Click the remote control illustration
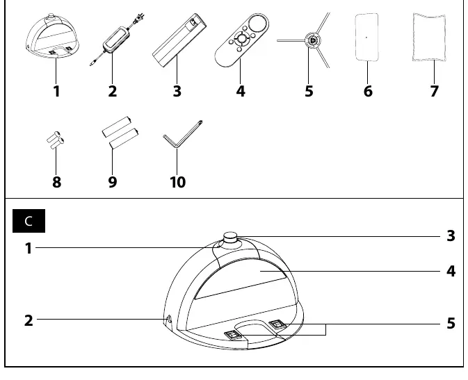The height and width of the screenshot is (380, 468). click(x=241, y=40)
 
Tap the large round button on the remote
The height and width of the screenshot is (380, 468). click(x=259, y=23)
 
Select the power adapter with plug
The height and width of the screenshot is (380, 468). click(x=117, y=39)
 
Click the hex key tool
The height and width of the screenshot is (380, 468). click(x=182, y=134)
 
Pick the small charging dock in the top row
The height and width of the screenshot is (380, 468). click(x=52, y=35)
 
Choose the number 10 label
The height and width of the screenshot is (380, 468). click(x=177, y=182)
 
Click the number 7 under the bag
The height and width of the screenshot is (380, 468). click(x=434, y=91)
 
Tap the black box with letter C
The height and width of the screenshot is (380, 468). click(x=29, y=221)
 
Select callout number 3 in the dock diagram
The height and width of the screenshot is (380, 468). click(x=451, y=236)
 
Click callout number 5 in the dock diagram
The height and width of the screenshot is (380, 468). click(x=451, y=323)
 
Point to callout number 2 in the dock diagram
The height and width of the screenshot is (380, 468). click(x=29, y=321)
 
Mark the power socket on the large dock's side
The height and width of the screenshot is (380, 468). click(x=169, y=319)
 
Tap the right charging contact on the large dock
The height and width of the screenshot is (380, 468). click(x=277, y=324)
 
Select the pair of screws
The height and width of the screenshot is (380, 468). click(x=56, y=140)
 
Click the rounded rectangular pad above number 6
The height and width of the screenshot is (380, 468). click(x=366, y=37)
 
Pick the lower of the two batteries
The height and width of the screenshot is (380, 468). click(x=124, y=139)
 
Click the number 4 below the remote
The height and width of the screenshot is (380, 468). click(x=241, y=91)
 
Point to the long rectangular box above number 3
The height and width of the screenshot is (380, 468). click(x=179, y=40)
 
